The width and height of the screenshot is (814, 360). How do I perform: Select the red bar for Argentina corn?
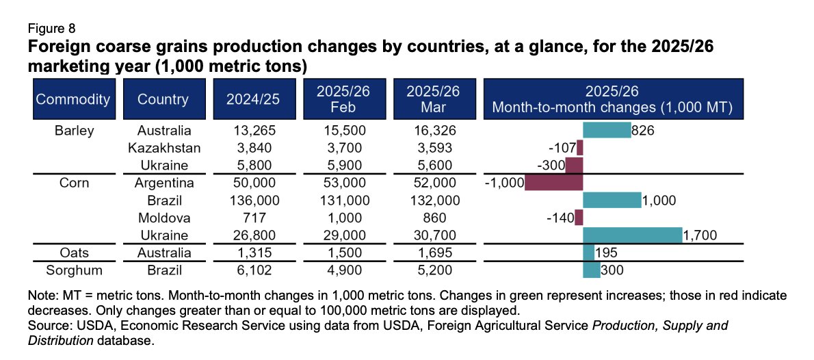pyautogui.click(x=553, y=183)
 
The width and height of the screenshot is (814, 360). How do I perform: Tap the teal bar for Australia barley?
pyautogui.click(x=606, y=130)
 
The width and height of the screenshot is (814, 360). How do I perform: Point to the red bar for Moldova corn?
pyautogui.click(x=579, y=218)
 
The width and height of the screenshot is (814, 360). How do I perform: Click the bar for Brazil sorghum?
pyautogui.click(x=591, y=270)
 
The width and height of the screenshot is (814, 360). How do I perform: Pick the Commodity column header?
pyautogui.click(x=73, y=99)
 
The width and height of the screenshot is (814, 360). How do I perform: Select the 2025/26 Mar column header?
pyautogui.click(x=423, y=99)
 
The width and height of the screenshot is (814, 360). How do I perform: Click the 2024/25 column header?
pyautogui.click(x=253, y=99)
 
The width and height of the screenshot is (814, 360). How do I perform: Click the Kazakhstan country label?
pyautogui.click(x=164, y=148)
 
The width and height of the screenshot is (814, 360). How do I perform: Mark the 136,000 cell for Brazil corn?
pyautogui.click(x=253, y=201)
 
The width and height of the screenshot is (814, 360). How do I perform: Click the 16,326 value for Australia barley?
pyautogui.click(x=423, y=130)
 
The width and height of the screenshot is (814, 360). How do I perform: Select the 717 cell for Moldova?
pyautogui.click(x=253, y=218)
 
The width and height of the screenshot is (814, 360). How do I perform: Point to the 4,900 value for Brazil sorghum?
pyautogui.click(x=339, y=270)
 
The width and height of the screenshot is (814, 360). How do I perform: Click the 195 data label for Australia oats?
pyautogui.click(x=606, y=253)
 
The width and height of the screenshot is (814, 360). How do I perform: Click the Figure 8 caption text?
pyautogui.click(x=51, y=29)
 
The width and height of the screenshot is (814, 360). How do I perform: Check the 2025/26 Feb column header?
pyautogui.click(x=339, y=99)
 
